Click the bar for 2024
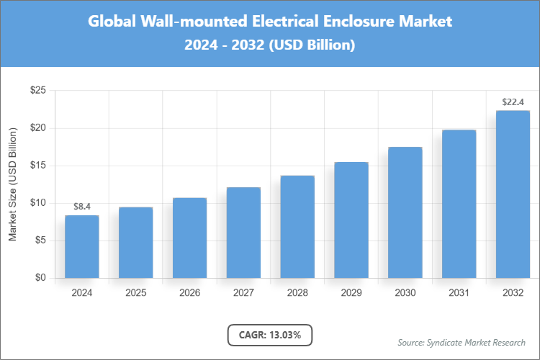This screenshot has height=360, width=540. tap(81, 246)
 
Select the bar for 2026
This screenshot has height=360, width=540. tap(189, 238)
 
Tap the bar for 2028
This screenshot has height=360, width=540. tap(297, 227)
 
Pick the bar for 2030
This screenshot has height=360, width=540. tap(405, 212)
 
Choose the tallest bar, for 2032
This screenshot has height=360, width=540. tap(513, 194)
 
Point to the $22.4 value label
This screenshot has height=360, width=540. tap(513, 102)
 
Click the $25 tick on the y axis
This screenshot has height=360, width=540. tap(37, 91)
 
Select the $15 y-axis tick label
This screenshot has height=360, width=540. tap(37, 166)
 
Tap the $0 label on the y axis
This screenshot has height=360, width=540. tap(40, 278)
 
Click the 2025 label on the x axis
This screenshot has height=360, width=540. tap(135, 293)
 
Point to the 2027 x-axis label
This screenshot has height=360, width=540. tap(243, 293)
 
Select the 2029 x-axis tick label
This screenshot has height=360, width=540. tap(351, 293)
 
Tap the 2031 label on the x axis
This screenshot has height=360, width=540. tap(459, 293)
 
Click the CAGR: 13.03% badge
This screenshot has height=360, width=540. tap(270, 335)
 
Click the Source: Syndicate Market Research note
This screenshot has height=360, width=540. tap(462, 342)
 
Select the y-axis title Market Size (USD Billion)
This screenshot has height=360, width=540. tap(12, 184)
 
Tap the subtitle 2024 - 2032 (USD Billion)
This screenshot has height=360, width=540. tap(270, 45)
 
